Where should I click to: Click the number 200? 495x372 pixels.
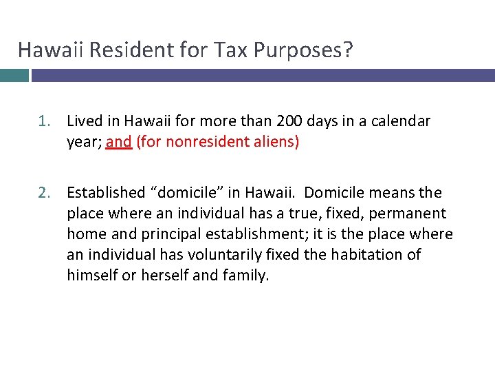[291, 122]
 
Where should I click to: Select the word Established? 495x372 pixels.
[106, 193]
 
